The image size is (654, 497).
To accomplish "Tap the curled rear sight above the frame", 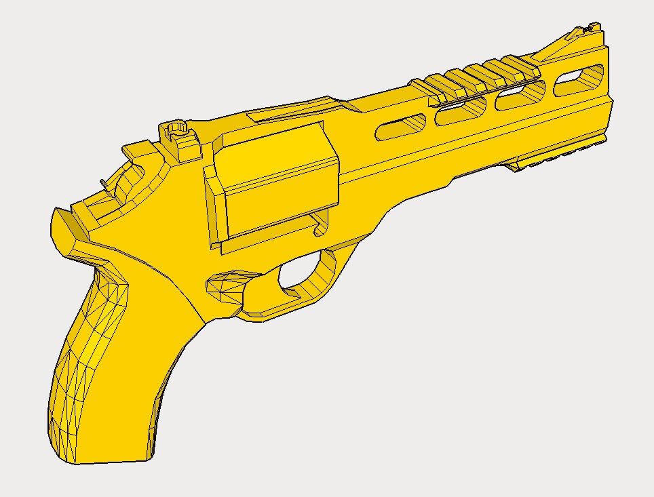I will click(175, 129).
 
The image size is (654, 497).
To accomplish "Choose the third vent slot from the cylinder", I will click(520, 96).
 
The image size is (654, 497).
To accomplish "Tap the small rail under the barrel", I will click(556, 155).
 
